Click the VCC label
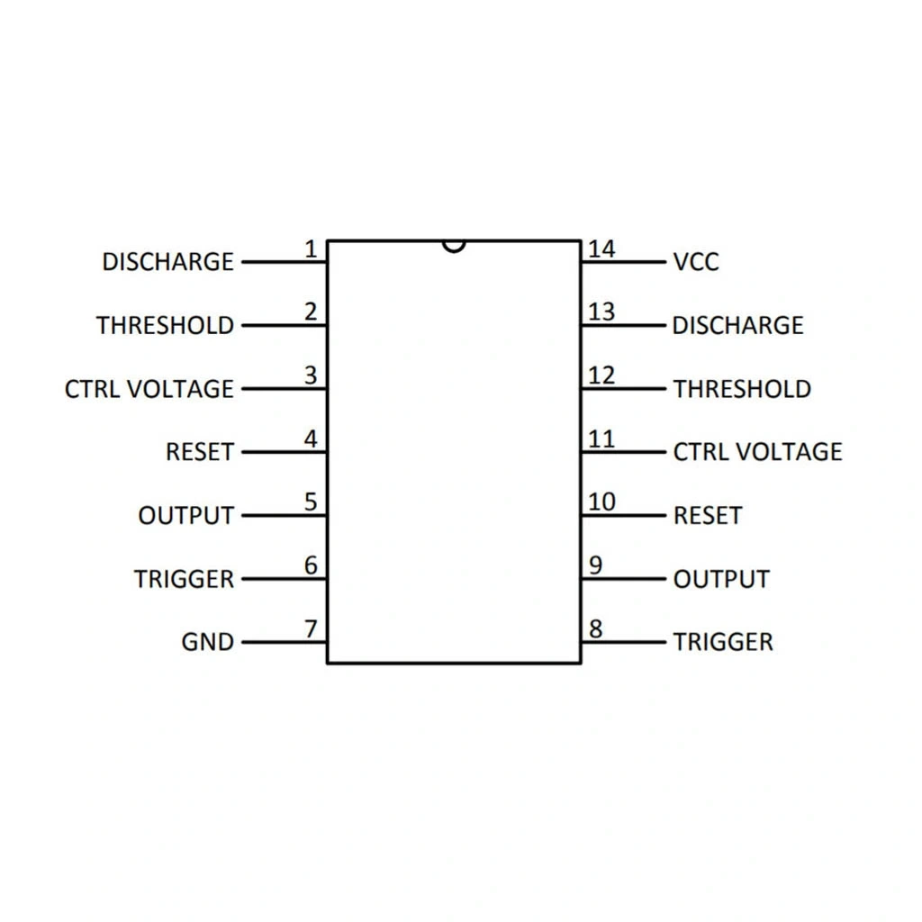pyautogui.click(x=696, y=262)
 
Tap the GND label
pyautogui.click(x=207, y=642)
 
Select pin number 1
pyautogui.click(x=311, y=249)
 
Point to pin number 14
pyautogui.click(x=601, y=249)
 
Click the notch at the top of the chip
pyautogui.click(x=455, y=245)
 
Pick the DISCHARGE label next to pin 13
pyautogui.click(x=737, y=325)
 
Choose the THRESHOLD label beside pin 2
pyautogui.click(x=165, y=325)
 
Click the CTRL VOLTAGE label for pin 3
pyautogui.click(x=149, y=389)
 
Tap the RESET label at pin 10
pyautogui.click(x=708, y=516)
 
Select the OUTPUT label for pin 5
pyautogui.click(x=185, y=516)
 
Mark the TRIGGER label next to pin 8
pyautogui.click(x=723, y=642)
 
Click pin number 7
pyautogui.click(x=312, y=629)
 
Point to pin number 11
pyautogui.click(x=601, y=439)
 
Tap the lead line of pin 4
pyautogui.click(x=284, y=452)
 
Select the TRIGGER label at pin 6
pyautogui.click(x=184, y=579)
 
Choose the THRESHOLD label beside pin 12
pyautogui.click(x=742, y=389)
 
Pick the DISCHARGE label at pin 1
pyautogui.click(x=167, y=262)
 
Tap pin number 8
pyautogui.click(x=595, y=629)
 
